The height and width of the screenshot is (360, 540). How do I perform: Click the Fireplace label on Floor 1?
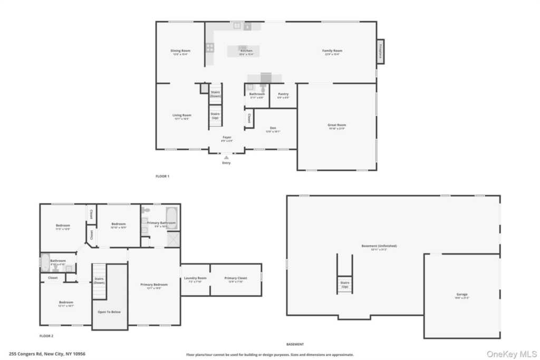point(380,52)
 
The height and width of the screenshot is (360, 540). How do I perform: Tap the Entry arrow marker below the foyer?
point(226,157)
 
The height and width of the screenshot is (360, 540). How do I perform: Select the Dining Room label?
point(180,51)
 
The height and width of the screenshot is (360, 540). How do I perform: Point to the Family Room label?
point(332,51)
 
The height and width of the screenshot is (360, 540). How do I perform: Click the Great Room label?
point(337,125)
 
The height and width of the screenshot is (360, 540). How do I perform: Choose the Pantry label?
point(283,94)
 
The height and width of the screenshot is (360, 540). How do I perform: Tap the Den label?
point(273,128)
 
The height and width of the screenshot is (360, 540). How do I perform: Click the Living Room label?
point(181,115)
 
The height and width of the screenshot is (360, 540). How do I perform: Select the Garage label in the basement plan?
point(462,295)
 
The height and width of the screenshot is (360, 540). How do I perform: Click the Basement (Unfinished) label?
point(379,246)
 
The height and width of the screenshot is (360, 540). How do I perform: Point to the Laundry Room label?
point(195,278)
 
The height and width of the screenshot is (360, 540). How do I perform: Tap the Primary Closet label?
point(235,278)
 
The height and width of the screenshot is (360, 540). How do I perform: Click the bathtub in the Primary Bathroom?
point(172,218)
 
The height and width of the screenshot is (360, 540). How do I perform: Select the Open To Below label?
point(109,312)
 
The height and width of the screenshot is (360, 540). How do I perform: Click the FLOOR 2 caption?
point(46,336)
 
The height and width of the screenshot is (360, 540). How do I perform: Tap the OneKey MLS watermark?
point(510,353)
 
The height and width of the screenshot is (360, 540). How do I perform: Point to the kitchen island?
point(243,51)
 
